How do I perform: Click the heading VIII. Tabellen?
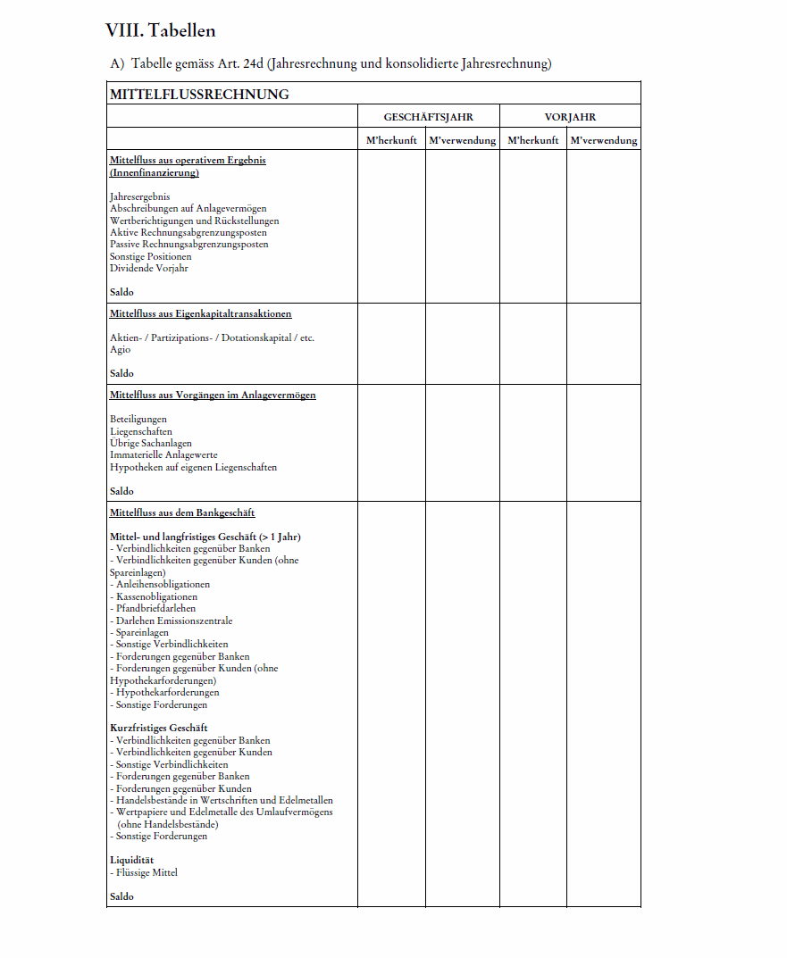[160, 30]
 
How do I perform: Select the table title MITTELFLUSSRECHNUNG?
[199, 94]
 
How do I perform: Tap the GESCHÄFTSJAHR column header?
[428, 117]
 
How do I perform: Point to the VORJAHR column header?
[570, 117]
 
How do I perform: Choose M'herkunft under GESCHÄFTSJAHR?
[391, 140]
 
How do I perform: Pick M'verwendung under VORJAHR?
[604, 140]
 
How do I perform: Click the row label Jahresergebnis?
[139, 196]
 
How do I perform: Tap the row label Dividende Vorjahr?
[148, 268]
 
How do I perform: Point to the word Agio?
[120, 350]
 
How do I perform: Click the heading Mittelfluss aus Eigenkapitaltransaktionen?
[200, 313]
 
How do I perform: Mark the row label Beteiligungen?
[138, 419]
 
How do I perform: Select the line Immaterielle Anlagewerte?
[163, 454]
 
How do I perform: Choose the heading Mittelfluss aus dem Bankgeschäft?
[182, 512]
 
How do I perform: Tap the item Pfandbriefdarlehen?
[155, 608]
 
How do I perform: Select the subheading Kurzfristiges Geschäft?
[158, 728]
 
